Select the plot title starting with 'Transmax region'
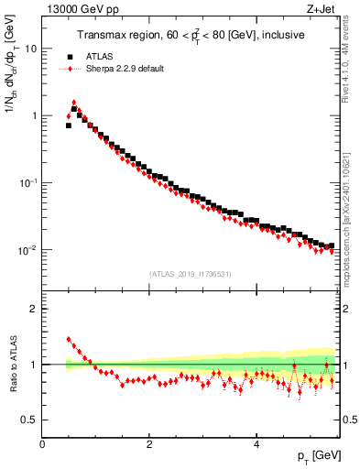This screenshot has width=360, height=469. pos(190,35)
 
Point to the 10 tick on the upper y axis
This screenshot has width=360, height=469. pos(31,49)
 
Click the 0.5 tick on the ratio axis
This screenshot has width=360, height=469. pos(30,420)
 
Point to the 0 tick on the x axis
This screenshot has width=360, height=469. pos(42,444)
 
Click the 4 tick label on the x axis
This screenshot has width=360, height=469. pos(257,444)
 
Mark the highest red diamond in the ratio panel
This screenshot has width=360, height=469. pos(69,339)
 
